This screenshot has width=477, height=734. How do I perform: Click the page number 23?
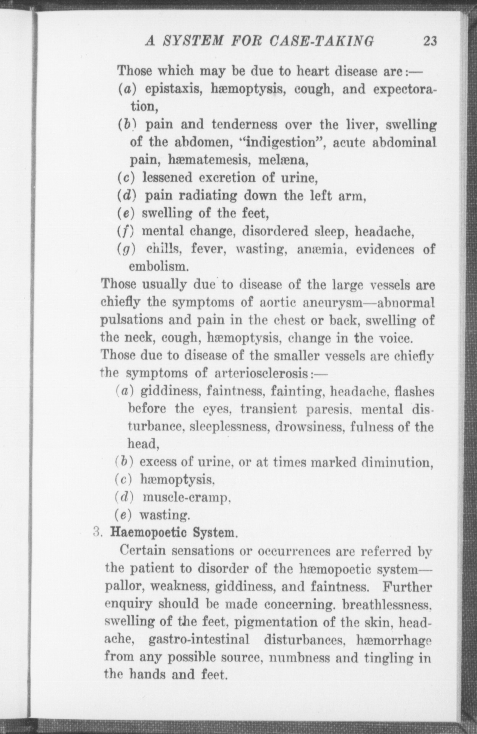430,41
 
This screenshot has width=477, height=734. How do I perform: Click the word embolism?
159,266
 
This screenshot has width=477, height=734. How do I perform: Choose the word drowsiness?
303,427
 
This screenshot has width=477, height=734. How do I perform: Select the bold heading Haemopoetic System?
174,533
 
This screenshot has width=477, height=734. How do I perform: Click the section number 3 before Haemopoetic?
96,533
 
